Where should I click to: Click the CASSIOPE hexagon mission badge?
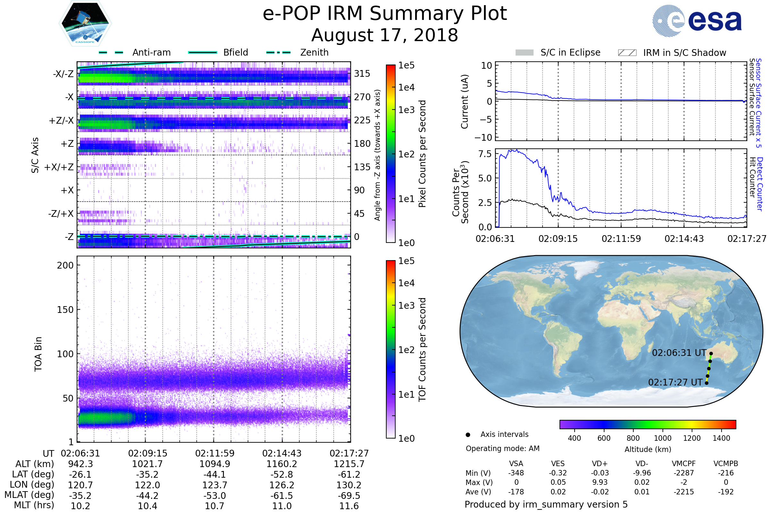click(x=85, y=23)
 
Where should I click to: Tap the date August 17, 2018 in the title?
click(x=385, y=35)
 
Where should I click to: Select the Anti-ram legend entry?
click(x=151, y=52)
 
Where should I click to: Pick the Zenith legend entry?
click(x=314, y=52)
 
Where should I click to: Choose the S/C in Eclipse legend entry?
click(x=570, y=52)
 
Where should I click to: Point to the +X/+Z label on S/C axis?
click(x=59, y=167)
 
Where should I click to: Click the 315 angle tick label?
click(x=362, y=74)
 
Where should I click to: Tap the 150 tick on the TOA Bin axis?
click(x=65, y=310)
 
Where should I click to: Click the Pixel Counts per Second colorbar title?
click(x=422, y=154)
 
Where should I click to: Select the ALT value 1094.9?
click(x=215, y=464)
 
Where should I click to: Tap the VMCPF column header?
click(x=684, y=464)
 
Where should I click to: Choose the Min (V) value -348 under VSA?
click(x=516, y=473)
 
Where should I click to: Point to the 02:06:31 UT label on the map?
click(x=679, y=353)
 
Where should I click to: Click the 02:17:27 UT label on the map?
click(x=675, y=382)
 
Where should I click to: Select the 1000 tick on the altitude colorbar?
click(x=663, y=438)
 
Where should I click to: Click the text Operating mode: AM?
click(x=502, y=448)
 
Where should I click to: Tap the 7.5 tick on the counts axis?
click(x=485, y=154)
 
